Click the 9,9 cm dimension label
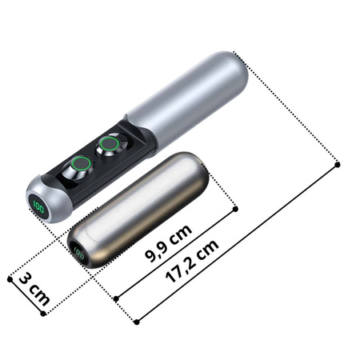[x=169, y=243]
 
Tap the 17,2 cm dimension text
[x=192, y=261]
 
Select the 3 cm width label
[x=34, y=289]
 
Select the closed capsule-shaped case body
[x=138, y=210]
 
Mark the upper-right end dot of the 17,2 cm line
[x=338, y=165]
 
